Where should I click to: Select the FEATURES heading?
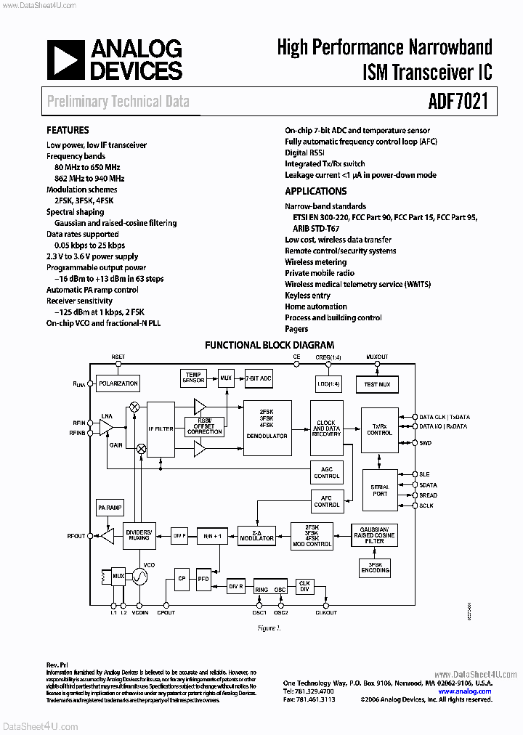[68, 131]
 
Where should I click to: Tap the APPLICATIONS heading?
[315, 192]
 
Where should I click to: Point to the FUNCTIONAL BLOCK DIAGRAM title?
[269, 346]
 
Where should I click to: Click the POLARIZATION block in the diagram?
[118, 383]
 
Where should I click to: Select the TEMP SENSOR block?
[193, 378]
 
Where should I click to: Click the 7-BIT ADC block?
[258, 378]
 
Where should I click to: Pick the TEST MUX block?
[377, 383]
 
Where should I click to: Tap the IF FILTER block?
[161, 429]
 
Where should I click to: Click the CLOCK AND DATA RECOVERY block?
[327, 429]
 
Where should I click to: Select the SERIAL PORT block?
[380, 490]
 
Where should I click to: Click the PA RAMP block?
[109, 508]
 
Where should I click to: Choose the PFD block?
[203, 579]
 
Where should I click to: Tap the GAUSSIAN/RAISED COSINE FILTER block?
[374, 535]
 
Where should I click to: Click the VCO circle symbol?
[138, 577]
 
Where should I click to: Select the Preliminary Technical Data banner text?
[118, 101]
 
